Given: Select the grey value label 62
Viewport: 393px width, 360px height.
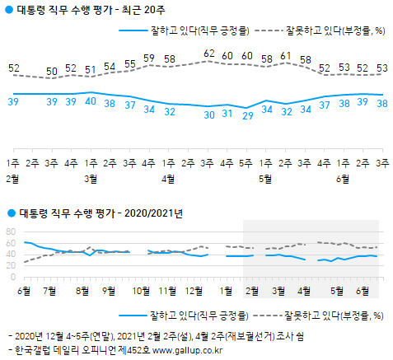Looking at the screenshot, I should click(208, 54).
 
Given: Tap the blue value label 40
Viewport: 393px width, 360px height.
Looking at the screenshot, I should click(91, 101).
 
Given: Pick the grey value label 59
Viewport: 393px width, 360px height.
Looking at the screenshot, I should click(149, 58).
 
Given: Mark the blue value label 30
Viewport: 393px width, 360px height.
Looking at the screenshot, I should click(208, 115).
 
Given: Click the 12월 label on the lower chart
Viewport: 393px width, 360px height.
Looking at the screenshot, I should click(196, 290).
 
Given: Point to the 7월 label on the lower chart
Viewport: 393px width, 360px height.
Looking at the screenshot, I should click(49, 290).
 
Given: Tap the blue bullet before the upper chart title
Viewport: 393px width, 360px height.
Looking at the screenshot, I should click(8, 10).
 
